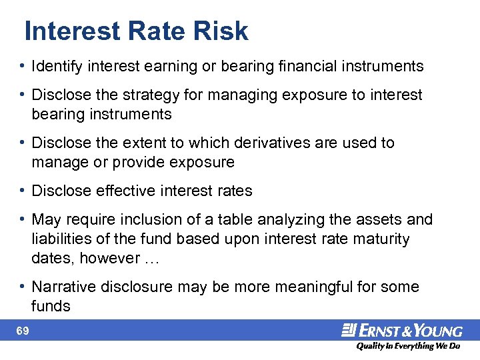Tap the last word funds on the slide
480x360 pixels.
tap(50, 306)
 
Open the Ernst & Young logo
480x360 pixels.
tap(402, 331)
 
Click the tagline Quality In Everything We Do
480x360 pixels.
tap(408, 346)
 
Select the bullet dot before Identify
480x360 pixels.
tap(23, 66)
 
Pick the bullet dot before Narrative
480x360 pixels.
tap(23, 287)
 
